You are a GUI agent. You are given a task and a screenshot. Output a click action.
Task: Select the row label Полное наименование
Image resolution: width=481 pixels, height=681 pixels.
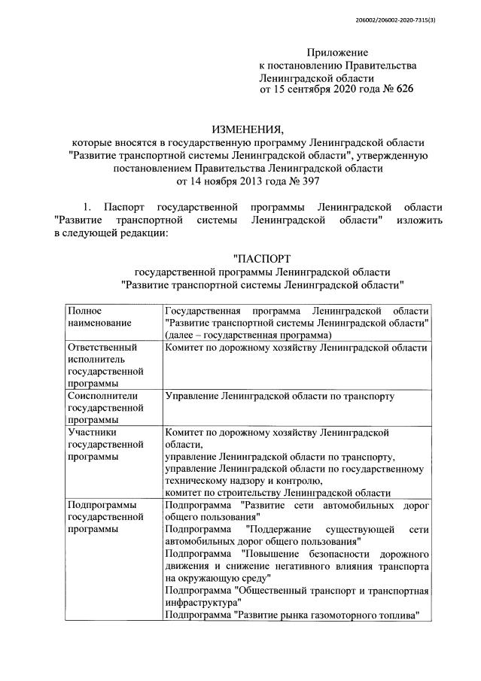[99, 316]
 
